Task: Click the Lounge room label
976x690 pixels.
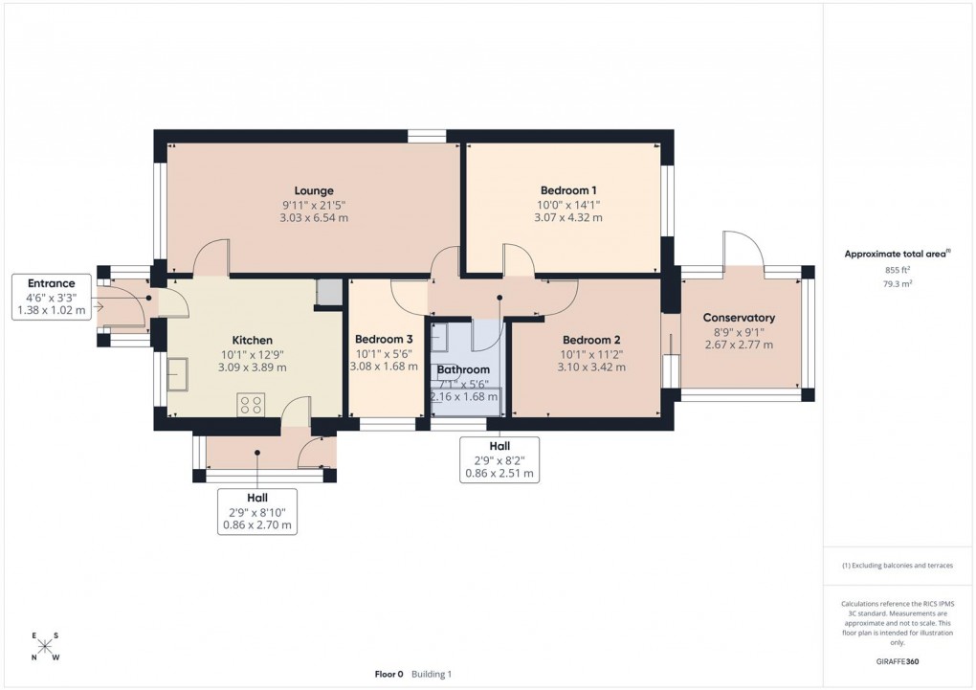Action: coord(314,190)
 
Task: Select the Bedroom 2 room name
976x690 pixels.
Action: coord(591,340)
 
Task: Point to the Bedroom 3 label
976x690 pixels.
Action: coord(384,340)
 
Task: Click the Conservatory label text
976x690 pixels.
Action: coord(739,318)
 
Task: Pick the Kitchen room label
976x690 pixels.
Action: coord(253,340)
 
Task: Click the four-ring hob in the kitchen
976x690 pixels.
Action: coord(251,405)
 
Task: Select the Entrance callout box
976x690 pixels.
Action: coord(51,297)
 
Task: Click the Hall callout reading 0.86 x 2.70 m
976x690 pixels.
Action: coord(256,511)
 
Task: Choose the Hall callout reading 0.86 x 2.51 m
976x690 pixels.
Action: coord(499,459)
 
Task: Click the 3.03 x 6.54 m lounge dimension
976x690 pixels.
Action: coord(314,218)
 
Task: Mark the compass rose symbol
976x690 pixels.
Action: coord(45,647)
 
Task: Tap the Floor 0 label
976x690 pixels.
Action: coord(388,675)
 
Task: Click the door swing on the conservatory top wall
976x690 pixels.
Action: coord(744,251)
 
